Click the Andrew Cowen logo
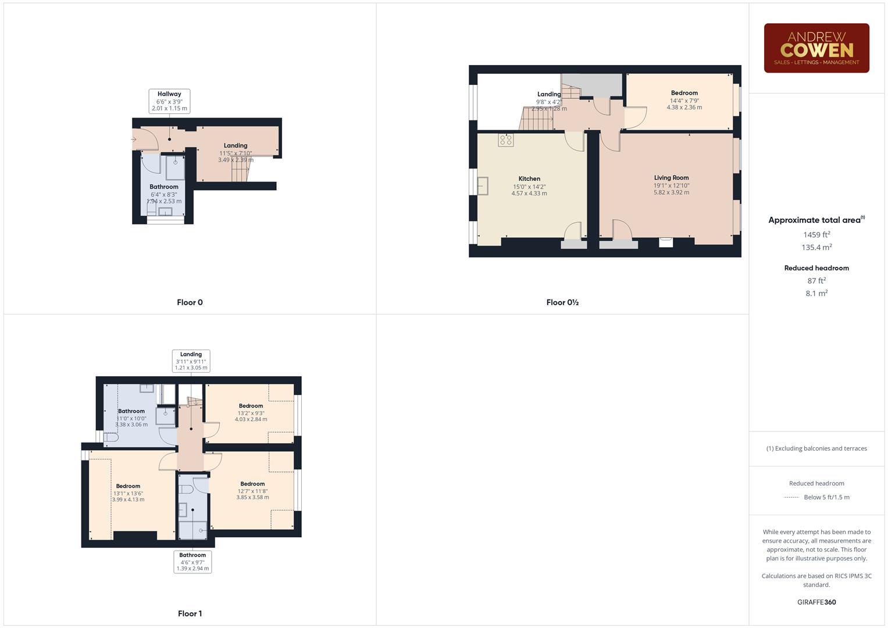(x=816, y=48)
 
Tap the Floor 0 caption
(x=190, y=302)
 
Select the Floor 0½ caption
(x=562, y=302)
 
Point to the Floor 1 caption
(x=190, y=613)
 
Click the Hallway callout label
(x=169, y=101)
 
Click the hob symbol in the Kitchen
(x=505, y=140)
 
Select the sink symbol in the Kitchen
(x=483, y=186)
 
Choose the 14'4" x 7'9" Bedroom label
(x=684, y=100)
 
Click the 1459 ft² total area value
(x=816, y=235)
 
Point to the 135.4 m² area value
(x=816, y=247)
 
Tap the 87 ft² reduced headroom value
(x=816, y=281)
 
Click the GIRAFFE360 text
(x=816, y=602)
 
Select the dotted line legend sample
(x=791, y=498)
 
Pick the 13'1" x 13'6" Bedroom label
(x=128, y=493)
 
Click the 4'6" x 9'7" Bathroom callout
(x=192, y=562)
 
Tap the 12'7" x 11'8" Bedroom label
(x=252, y=490)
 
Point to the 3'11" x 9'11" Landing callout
(x=191, y=361)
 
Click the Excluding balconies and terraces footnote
(x=816, y=448)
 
